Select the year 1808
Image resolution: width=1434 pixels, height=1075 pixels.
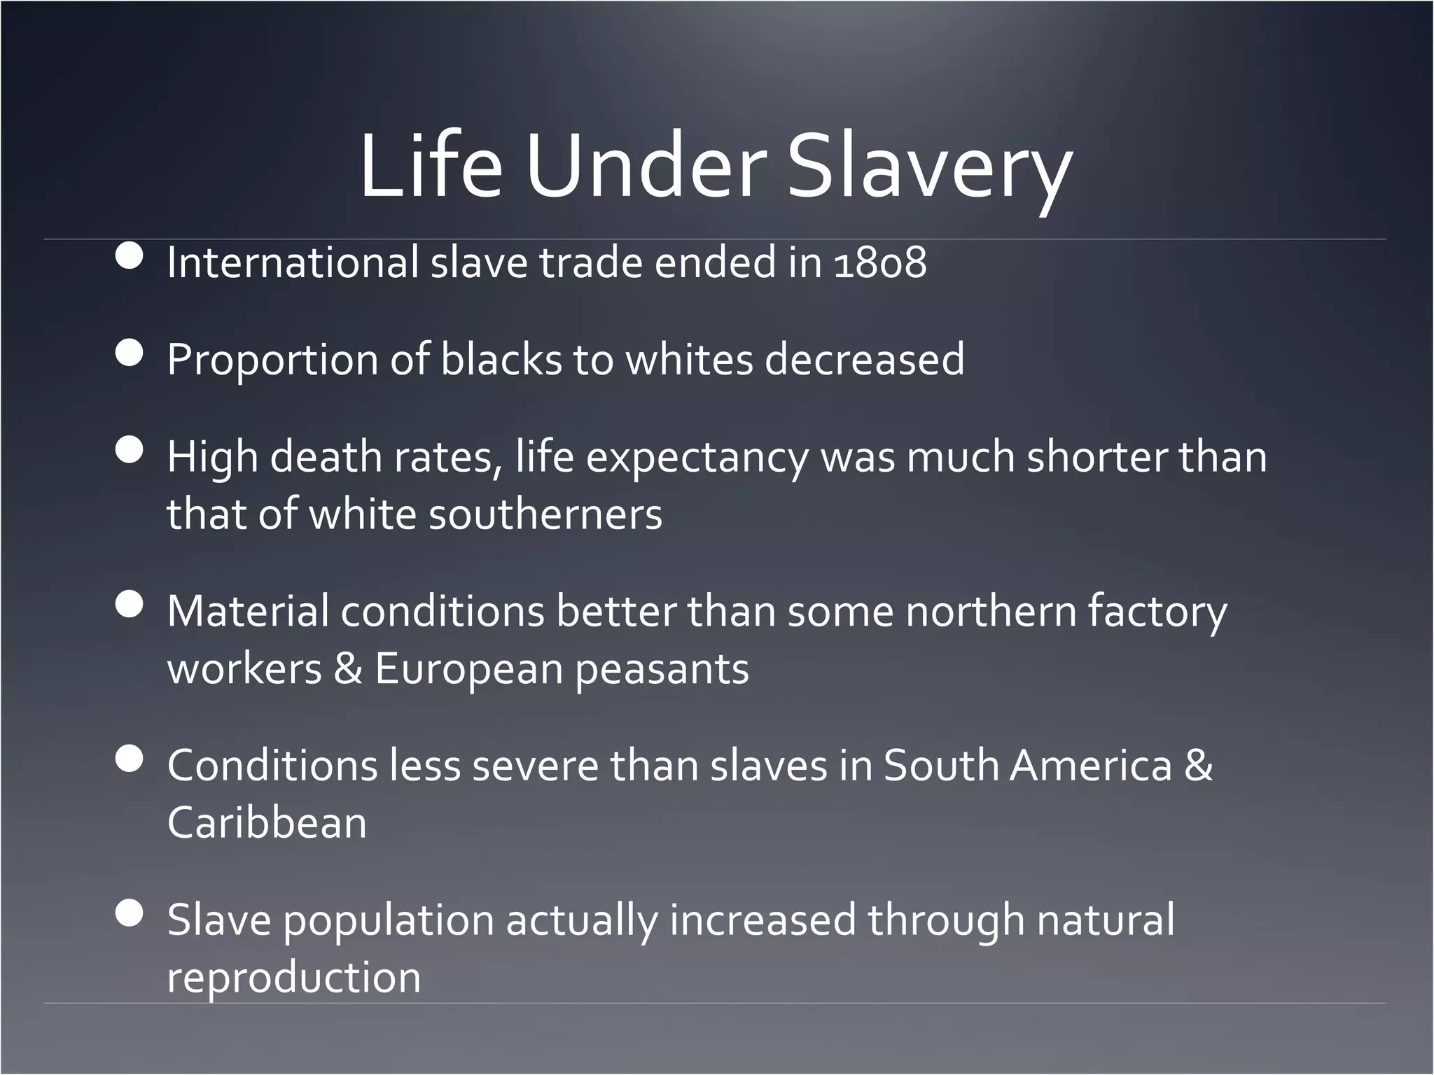[x=880, y=263]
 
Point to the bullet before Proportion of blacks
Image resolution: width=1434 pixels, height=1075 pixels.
[x=130, y=353]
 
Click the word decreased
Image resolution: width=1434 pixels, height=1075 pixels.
[x=864, y=360]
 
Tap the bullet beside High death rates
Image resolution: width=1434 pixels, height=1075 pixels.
[x=130, y=450]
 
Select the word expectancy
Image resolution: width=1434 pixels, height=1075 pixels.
[x=697, y=458]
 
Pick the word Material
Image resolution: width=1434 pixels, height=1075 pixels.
[x=248, y=611]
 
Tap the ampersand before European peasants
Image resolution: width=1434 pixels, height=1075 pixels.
[x=348, y=668]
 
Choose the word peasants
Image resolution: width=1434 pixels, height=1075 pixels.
[x=662, y=670]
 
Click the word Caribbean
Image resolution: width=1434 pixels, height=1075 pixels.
[x=267, y=822]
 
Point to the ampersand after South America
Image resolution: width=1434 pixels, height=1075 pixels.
[x=1198, y=766]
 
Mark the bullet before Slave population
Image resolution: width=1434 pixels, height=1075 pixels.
[x=130, y=913]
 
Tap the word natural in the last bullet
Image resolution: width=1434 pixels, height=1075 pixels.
[x=1105, y=920]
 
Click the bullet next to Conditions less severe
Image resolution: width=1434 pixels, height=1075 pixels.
[x=130, y=759]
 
